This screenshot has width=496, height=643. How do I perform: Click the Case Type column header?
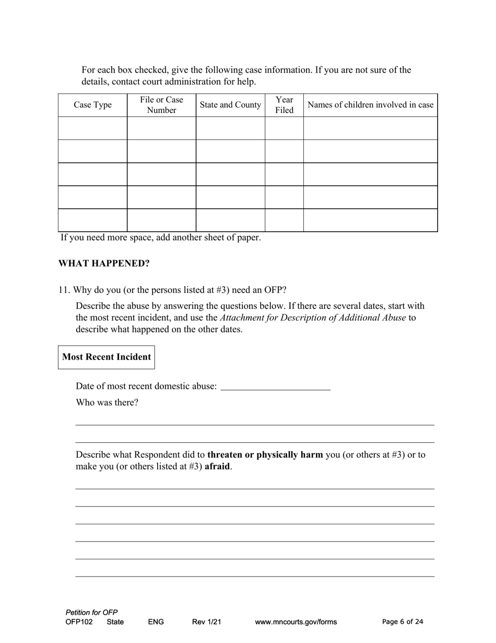coord(92,105)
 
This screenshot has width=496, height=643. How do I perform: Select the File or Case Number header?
coord(161,105)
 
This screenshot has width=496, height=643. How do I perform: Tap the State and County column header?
coord(230,105)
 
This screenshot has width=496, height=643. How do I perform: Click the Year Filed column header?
coord(284,105)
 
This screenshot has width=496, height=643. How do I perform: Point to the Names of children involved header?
coord(370,105)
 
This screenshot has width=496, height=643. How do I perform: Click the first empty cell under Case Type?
coord(92,128)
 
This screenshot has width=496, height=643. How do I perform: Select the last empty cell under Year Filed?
coord(284,220)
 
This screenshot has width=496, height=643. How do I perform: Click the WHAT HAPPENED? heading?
coord(104,263)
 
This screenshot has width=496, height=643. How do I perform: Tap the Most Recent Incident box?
coord(107,357)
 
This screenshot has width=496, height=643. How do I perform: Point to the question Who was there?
coord(107,403)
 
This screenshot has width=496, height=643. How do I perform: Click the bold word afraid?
coord(217,466)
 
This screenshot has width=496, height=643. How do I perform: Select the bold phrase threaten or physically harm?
coord(265,455)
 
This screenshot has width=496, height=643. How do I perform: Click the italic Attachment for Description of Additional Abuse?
coord(313,318)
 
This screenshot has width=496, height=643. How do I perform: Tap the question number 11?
coord(64,290)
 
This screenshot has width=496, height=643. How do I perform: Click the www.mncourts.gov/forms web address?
coord(296,622)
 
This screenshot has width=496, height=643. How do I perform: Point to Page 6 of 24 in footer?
coord(403,622)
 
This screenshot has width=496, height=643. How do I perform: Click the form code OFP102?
coord(79,622)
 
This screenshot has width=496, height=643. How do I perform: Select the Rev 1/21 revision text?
coord(206,622)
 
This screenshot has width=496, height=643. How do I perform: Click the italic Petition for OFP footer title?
coord(92,612)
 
